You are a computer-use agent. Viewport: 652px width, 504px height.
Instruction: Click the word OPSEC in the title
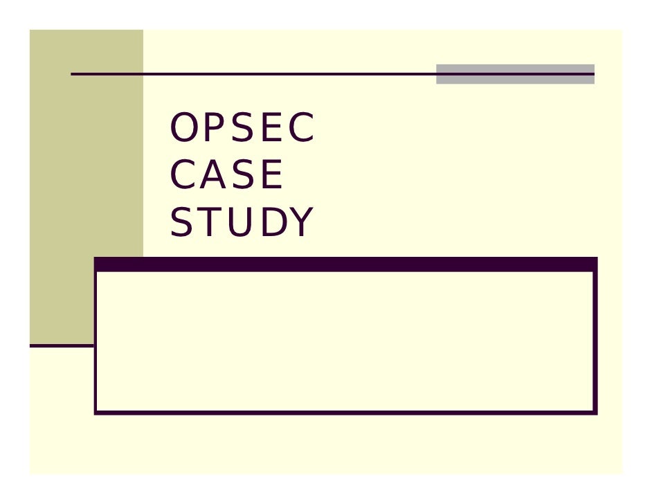(242, 129)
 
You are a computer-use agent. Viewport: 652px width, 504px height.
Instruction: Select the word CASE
(226, 176)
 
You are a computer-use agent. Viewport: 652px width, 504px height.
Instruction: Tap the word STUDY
(242, 223)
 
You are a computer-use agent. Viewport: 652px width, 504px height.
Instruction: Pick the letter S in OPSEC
(241, 129)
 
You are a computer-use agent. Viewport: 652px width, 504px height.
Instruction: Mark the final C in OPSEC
(301, 129)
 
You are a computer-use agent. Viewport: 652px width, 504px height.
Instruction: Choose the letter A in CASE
(211, 176)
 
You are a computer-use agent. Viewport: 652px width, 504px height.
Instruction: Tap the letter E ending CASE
(271, 176)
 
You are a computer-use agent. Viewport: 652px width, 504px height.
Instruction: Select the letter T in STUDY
(210, 223)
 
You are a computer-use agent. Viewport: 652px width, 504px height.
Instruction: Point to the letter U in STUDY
(240, 223)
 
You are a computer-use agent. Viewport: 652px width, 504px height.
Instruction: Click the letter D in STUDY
(271, 223)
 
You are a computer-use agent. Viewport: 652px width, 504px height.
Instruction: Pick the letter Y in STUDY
(300, 223)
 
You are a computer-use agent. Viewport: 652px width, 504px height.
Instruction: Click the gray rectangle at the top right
(515, 74)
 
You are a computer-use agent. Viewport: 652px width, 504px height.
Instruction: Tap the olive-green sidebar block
(86, 173)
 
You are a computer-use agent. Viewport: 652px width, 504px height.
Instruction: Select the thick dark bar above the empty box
(345, 264)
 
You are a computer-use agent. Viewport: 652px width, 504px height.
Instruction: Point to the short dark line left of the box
(61, 345)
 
